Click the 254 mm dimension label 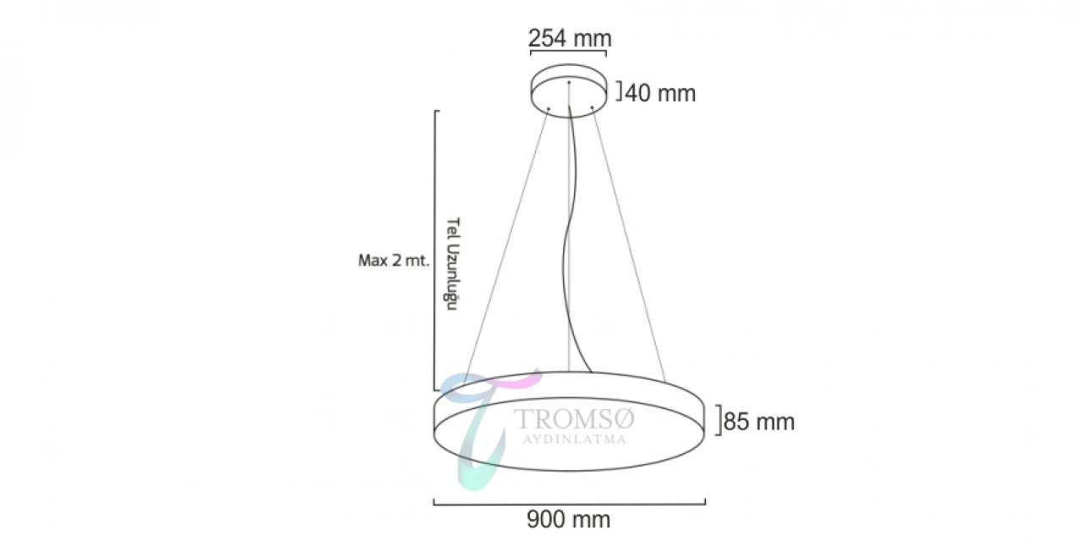(570, 38)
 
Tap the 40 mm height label (660, 93)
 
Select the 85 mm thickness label (759, 422)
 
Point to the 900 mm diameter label (569, 520)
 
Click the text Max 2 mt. (394, 261)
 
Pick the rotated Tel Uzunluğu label (452, 264)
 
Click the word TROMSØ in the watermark (574, 419)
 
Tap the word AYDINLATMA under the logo (575, 440)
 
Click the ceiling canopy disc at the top (569, 90)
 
